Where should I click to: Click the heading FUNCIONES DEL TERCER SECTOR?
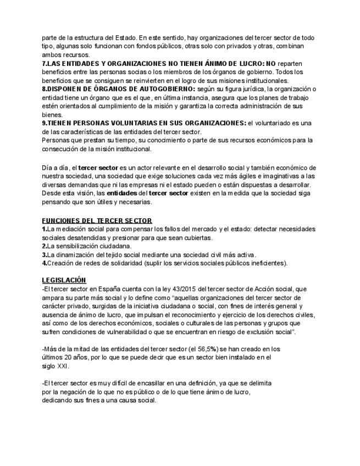pos(97,220)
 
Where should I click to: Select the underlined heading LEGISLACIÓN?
pos(64,280)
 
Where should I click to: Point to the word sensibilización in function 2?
pos(75,246)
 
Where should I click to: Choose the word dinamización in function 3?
pos(79,254)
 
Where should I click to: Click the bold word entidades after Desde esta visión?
pos(122,193)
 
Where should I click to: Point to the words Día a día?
pos(55,168)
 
